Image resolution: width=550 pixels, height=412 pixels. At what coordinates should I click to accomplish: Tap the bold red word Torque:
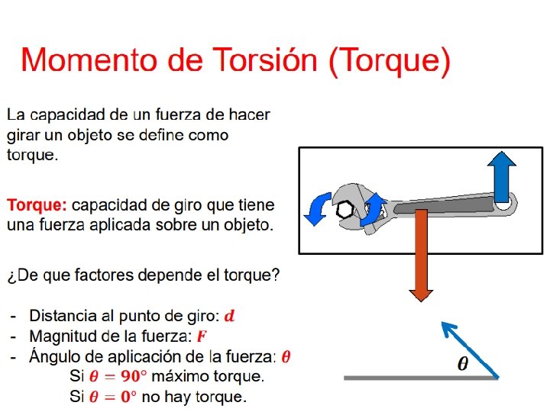[37, 206]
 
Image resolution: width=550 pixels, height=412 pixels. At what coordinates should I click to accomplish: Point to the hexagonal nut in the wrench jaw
[345, 210]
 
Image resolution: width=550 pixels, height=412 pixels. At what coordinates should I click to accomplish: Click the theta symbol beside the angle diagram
[463, 364]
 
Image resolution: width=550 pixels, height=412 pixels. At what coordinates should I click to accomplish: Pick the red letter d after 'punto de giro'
[230, 315]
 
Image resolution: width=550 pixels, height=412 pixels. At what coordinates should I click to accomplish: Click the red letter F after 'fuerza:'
[202, 336]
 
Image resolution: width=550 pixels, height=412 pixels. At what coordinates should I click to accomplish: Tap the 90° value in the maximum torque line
[132, 376]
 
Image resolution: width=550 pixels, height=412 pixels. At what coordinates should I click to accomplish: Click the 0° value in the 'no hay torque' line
[128, 397]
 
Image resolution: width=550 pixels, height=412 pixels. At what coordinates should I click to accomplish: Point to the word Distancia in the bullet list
[63, 315]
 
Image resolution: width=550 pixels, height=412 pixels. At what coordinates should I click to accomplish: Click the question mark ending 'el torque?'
[276, 275]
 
